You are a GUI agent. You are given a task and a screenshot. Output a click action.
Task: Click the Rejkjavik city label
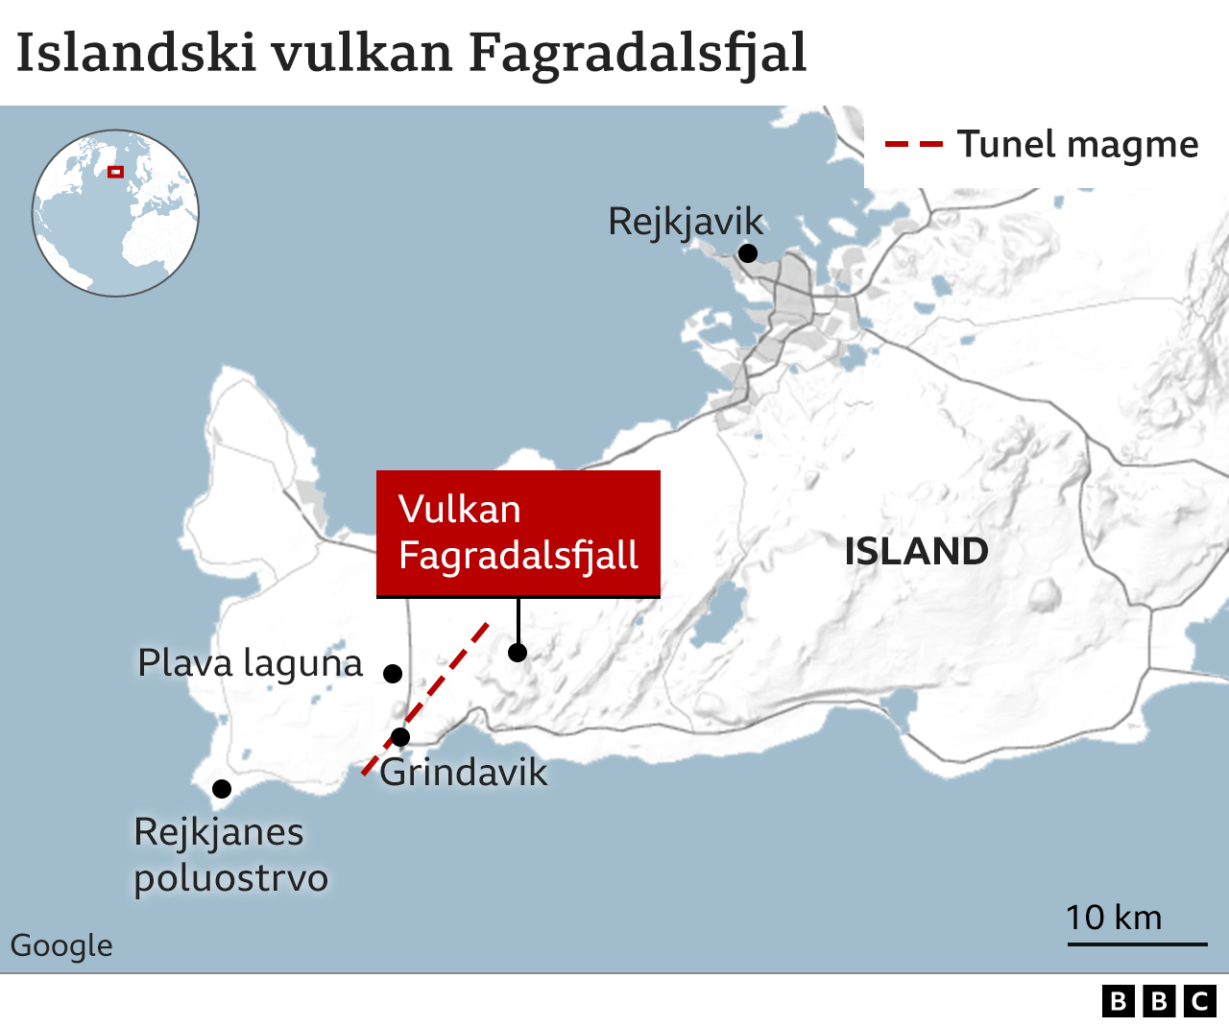click(x=686, y=222)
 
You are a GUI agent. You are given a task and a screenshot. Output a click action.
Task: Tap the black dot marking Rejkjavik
click(x=748, y=253)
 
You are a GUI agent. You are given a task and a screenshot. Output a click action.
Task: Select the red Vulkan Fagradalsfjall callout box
click(x=518, y=533)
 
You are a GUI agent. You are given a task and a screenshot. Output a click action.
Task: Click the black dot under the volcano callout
click(x=518, y=653)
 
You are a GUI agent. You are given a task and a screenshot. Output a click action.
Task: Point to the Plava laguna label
click(x=251, y=663)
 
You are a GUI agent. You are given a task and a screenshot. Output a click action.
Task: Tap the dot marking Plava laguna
click(x=393, y=673)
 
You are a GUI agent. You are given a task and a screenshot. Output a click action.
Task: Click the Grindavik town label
click(x=464, y=773)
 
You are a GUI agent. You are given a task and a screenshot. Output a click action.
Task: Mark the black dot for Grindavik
click(x=400, y=737)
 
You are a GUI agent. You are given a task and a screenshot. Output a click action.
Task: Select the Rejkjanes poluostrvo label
click(x=230, y=854)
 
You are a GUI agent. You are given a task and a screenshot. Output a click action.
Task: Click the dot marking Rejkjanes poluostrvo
click(x=222, y=789)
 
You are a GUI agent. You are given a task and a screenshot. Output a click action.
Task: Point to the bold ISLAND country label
click(x=916, y=552)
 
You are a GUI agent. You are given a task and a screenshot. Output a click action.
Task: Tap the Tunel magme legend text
click(x=1077, y=144)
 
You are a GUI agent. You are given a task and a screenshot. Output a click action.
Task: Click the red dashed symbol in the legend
click(x=913, y=145)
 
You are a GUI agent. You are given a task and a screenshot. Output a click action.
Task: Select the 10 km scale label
click(x=1114, y=918)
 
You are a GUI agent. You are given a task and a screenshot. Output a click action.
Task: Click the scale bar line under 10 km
click(x=1137, y=944)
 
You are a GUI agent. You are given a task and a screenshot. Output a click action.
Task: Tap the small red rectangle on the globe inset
click(x=115, y=172)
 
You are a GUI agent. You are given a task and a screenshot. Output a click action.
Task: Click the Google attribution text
click(x=61, y=945)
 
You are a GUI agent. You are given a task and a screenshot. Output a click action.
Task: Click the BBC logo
click(x=1159, y=1001)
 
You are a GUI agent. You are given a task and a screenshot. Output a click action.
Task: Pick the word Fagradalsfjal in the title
click(x=638, y=54)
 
